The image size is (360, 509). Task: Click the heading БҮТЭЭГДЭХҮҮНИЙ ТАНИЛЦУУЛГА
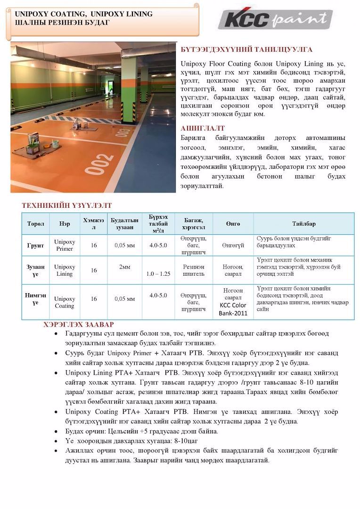pos(246,49)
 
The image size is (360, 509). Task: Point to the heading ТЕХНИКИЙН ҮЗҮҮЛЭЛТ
pos(66,205)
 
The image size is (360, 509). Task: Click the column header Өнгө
pos(233,224)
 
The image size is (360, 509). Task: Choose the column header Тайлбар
pos(303,224)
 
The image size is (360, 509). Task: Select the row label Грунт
pos(35,245)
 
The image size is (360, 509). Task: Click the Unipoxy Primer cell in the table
pos(65,245)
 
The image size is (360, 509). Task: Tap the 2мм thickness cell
pos(124,267)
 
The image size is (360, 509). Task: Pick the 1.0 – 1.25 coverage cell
pos(158,274)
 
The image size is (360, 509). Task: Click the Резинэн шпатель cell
pos(193,270)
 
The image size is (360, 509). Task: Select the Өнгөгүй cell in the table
pos(233,246)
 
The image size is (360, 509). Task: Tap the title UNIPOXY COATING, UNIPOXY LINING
pos(84,14)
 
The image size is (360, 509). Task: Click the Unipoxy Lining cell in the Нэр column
pos(65,270)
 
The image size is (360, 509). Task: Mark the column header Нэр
pos(65,224)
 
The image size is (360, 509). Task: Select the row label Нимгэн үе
pos(35,299)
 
